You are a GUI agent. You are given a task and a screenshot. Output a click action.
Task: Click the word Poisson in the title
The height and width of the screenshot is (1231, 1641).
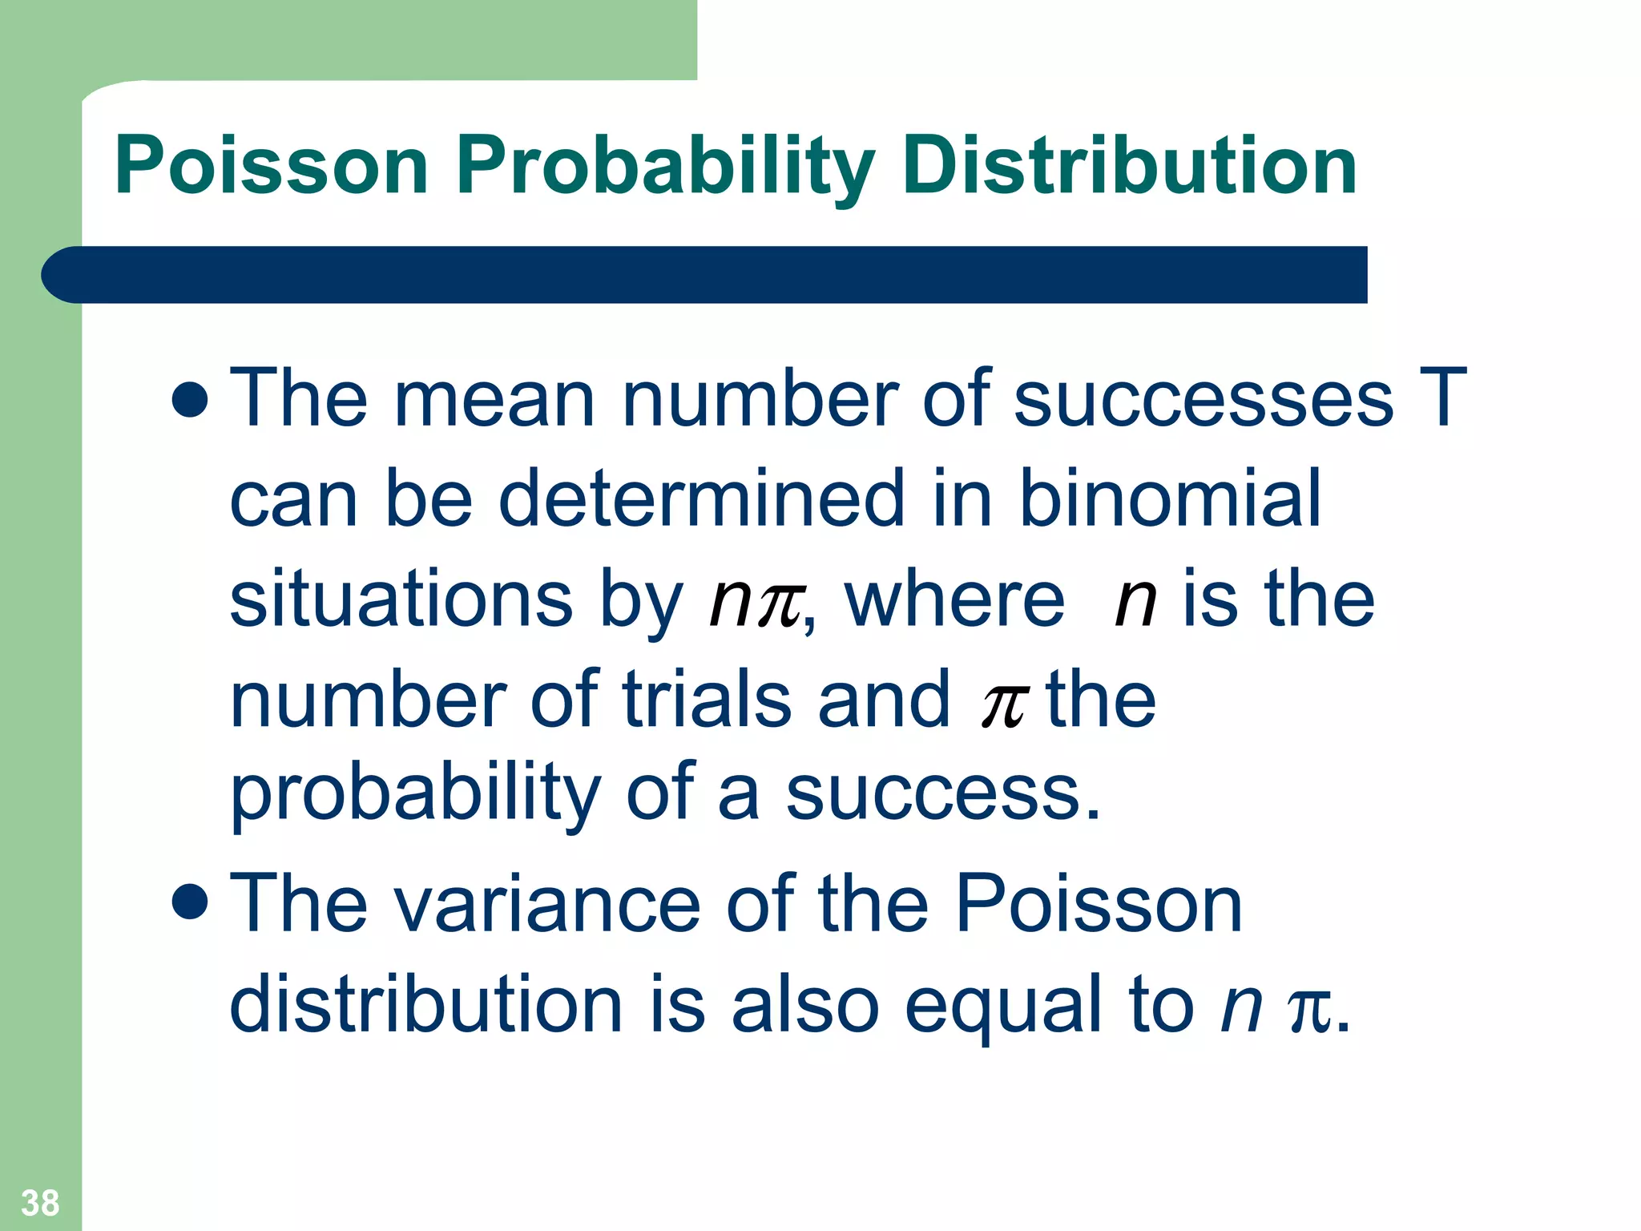272,166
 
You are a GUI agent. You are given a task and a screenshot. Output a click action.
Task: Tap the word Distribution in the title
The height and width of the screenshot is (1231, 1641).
1129,166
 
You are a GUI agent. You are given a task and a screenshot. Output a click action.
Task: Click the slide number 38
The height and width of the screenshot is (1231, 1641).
40,1203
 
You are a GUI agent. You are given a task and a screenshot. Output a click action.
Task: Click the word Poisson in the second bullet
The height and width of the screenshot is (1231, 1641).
1099,903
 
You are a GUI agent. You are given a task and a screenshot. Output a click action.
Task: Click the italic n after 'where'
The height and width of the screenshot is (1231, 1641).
1135,601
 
